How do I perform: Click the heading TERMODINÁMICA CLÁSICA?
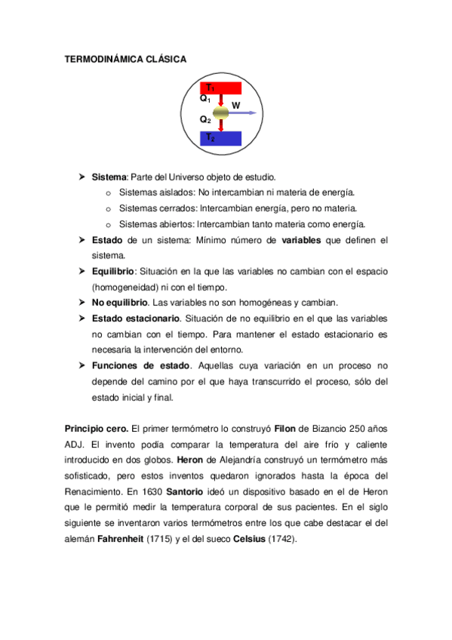[x=125, y=60]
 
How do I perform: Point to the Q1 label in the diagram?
[x=205, y=99]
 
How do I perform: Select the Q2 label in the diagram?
[x=205, y=119]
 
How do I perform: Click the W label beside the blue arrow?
[x=236, y=106]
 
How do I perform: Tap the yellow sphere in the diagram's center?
[x=220, y=113]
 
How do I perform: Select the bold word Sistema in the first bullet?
[x=109, y=177]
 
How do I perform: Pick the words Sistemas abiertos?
[x=157, y=224]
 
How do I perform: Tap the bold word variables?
[x=301, y=240]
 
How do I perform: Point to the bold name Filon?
[x=285, y=429]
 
